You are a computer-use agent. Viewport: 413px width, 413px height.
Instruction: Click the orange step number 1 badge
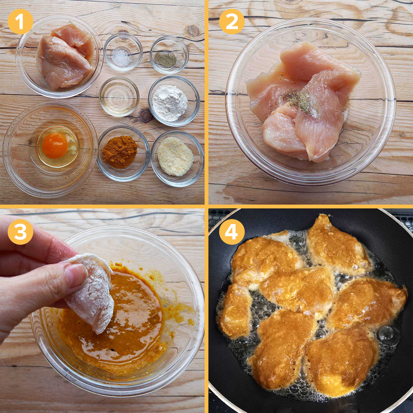pos(21,21)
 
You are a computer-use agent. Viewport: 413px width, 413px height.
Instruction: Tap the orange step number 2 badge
pos(232,21)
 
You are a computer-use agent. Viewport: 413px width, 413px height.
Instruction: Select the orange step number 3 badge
pos(21,232)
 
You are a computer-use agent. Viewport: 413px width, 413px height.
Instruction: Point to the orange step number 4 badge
pos(232,232)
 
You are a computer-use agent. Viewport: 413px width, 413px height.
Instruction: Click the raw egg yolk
pos(55,145)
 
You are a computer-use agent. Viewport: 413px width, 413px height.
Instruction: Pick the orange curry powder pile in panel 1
pos(120,152)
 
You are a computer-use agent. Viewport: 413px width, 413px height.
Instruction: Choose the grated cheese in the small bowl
pos(175,156)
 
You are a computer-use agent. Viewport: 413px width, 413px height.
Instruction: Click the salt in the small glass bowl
pos(122,57)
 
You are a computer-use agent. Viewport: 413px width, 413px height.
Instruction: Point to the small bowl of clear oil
pos(119,96)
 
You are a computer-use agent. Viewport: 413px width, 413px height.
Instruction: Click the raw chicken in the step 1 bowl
pos(65,56)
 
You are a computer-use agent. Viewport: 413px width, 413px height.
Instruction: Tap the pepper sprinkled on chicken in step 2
pos(298,99)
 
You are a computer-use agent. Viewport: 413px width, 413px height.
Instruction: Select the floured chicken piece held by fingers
pos(91,293)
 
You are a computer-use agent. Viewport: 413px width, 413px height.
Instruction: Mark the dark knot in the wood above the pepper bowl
pos(193,31)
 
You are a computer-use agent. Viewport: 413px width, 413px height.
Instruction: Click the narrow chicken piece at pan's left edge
pos(234,311)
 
